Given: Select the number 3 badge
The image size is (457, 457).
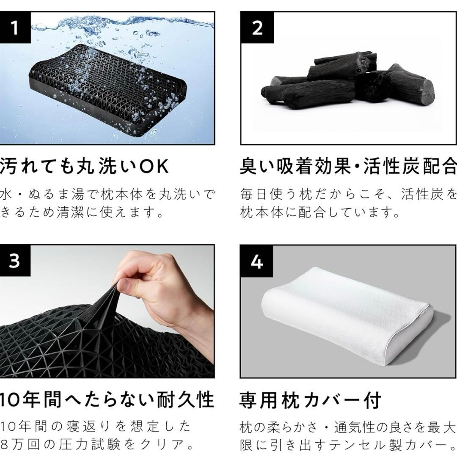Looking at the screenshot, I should tap(15, 261).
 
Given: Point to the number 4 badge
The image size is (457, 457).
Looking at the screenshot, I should tap(256, 262).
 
